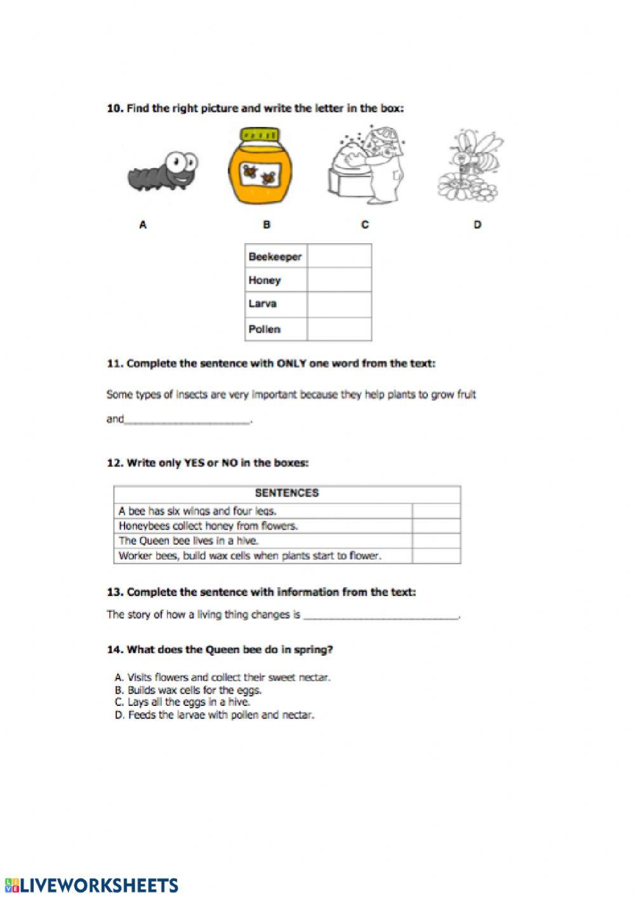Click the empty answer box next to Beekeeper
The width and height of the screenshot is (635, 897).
(339, 256)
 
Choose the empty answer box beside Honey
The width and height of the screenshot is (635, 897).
(339, 280)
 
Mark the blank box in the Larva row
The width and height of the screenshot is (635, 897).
(339, 304)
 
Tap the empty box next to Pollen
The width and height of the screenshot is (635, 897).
(339, 329)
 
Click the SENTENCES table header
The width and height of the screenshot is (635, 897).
(287, 493)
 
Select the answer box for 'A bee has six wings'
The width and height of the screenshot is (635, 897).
(436, 511)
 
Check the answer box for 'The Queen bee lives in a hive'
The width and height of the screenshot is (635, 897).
(436, 541)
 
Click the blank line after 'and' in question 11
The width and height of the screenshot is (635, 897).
(187, 420)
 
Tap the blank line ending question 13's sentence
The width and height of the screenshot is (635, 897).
(381, 615)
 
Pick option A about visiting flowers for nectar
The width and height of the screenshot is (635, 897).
(223, 677)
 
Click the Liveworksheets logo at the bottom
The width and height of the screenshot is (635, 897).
(91, 886)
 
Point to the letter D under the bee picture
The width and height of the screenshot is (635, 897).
(478, 224)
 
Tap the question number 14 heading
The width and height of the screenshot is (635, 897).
(220, 649)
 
